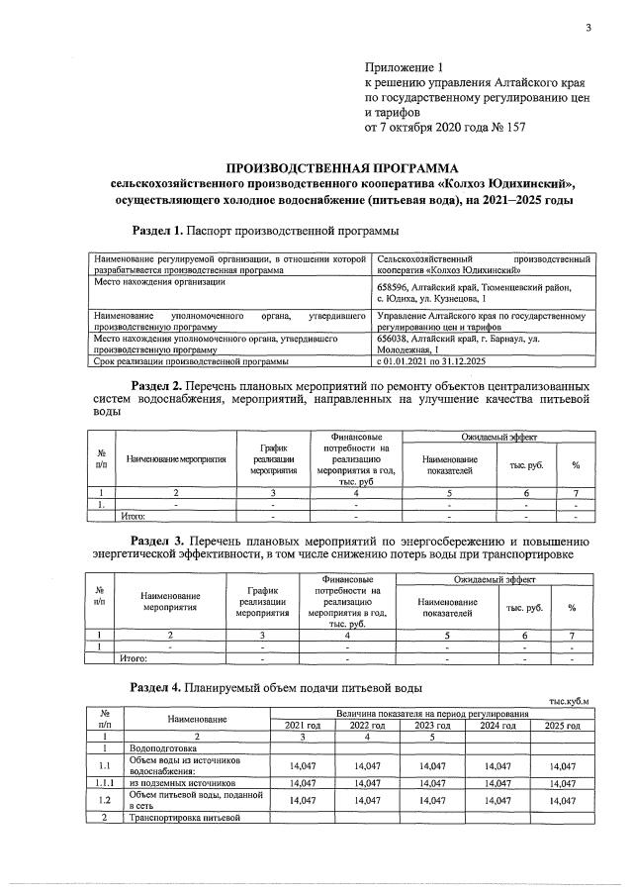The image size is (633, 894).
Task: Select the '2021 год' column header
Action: (x=302, y=726)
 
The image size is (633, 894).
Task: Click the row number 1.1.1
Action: (x=104, y=782)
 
